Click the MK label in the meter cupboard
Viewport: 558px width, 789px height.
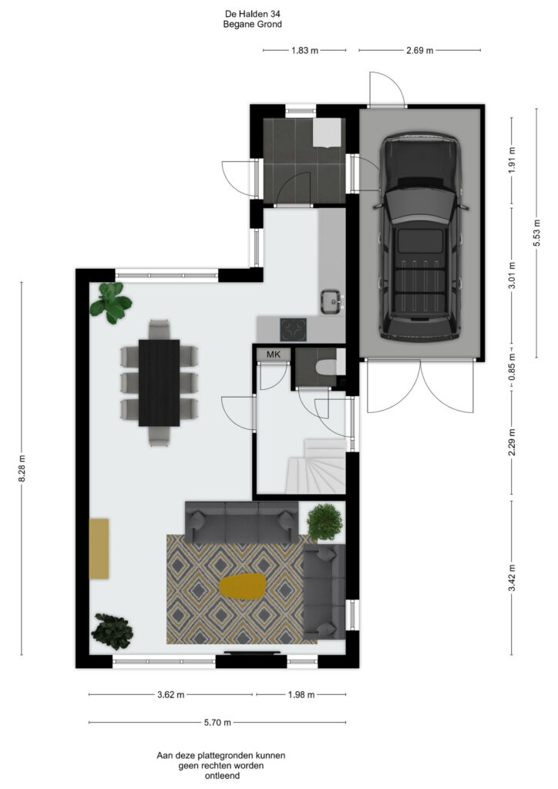coord(273,354)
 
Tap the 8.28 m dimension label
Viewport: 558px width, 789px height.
coord(22,468)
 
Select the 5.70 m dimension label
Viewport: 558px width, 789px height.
coord(217,723)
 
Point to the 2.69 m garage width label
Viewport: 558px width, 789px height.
coord(419,50)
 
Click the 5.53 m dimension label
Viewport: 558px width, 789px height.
coord(536,233)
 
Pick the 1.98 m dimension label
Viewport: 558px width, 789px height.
coord(301,695)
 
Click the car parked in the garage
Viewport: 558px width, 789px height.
coord(420,237)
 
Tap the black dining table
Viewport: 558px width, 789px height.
coord(159,383)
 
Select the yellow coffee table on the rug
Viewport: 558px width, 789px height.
coord(242,586)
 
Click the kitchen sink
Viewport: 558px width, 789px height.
coord(332,301)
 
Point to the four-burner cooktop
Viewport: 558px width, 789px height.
coord(294,330)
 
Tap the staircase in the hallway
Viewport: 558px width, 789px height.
coord(315,466)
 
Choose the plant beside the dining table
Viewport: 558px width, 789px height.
coord(111,302)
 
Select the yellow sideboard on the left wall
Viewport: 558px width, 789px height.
coord(99,549)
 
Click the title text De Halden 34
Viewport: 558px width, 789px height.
coord(253,15)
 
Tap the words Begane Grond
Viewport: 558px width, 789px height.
coord(253,24)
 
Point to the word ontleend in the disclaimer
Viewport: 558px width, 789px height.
coord(222,775)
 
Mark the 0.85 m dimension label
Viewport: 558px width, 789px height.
coord(512,371)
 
